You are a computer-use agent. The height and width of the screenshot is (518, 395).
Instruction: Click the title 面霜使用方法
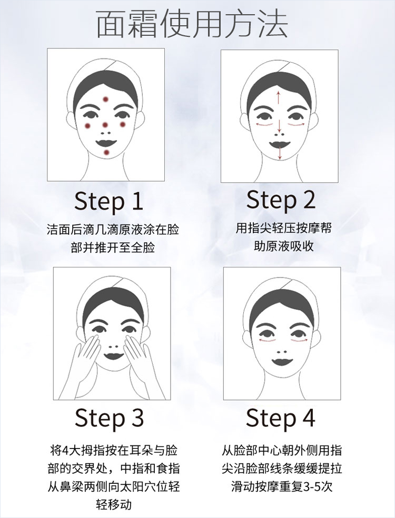(192, 24)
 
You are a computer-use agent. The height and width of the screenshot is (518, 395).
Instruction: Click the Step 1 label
(108, 201)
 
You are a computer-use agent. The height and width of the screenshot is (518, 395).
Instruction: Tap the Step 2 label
(281, 200)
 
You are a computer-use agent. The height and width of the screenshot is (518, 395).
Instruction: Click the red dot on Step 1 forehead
(105, 99)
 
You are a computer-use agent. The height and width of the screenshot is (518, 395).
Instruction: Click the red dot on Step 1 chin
(106, 152)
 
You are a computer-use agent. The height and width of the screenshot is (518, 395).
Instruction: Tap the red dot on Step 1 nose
(105, 125)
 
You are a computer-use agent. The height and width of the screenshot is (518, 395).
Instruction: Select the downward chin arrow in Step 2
(280, 153)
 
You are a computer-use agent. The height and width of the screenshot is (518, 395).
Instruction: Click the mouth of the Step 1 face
(106, 143)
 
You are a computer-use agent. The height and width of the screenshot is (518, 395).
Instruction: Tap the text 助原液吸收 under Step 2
(283, 246)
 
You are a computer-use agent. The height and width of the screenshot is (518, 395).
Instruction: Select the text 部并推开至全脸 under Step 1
(113, 247)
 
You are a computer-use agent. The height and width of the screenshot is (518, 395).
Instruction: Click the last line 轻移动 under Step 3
(114, 504)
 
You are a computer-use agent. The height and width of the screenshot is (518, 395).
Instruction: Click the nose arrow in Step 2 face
(279, 125)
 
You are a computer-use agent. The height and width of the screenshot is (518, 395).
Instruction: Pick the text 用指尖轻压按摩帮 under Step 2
(283, 228)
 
